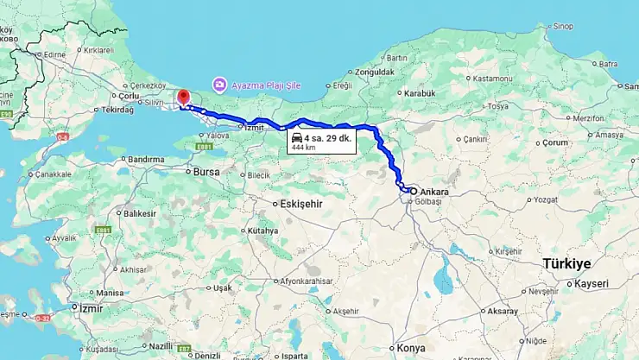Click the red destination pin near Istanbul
click(182, 97)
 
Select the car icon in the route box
click(296, 138)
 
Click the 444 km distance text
click(303, 148)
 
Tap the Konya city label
click(411, 347)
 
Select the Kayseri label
click(592, 283)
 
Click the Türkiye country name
click(566, 263)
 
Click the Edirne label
click(54, 54)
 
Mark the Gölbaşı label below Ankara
click(428, 202)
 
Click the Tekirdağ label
click(117, 111)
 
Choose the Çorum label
click(531, 142)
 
